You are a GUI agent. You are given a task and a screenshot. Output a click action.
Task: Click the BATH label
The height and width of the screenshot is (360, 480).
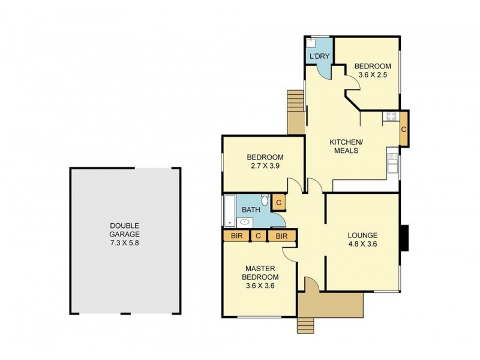click(x=250, y=210)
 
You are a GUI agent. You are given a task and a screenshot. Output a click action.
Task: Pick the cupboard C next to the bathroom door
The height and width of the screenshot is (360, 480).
click(x=278, y=203)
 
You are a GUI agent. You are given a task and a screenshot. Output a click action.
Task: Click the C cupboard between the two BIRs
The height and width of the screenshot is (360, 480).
click(x=258, y=236)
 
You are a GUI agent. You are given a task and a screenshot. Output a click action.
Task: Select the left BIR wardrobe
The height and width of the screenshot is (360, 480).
click(x=236, y=236)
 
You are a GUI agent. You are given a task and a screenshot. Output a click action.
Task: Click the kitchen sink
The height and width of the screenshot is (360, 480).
click(x=392, y=163)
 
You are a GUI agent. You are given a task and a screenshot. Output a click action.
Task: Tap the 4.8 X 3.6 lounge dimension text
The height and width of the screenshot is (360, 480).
click(x=362, y=244)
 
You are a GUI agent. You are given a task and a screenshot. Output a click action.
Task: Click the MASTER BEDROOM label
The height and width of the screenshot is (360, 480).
click(x=260, y=272)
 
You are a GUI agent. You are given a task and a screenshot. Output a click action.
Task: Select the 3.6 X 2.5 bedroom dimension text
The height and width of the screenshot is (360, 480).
click(x=372, y=76)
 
